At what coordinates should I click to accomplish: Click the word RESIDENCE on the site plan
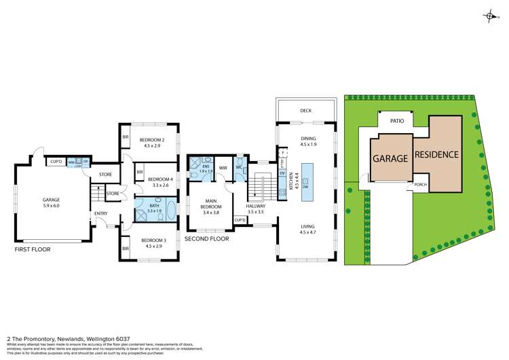click(436, 155)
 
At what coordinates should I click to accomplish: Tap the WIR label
click(223, 168)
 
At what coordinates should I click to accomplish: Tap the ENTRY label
click(101, 214)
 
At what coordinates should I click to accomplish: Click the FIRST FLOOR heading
click(33, 249)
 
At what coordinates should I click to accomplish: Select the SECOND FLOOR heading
click(206, 239)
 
